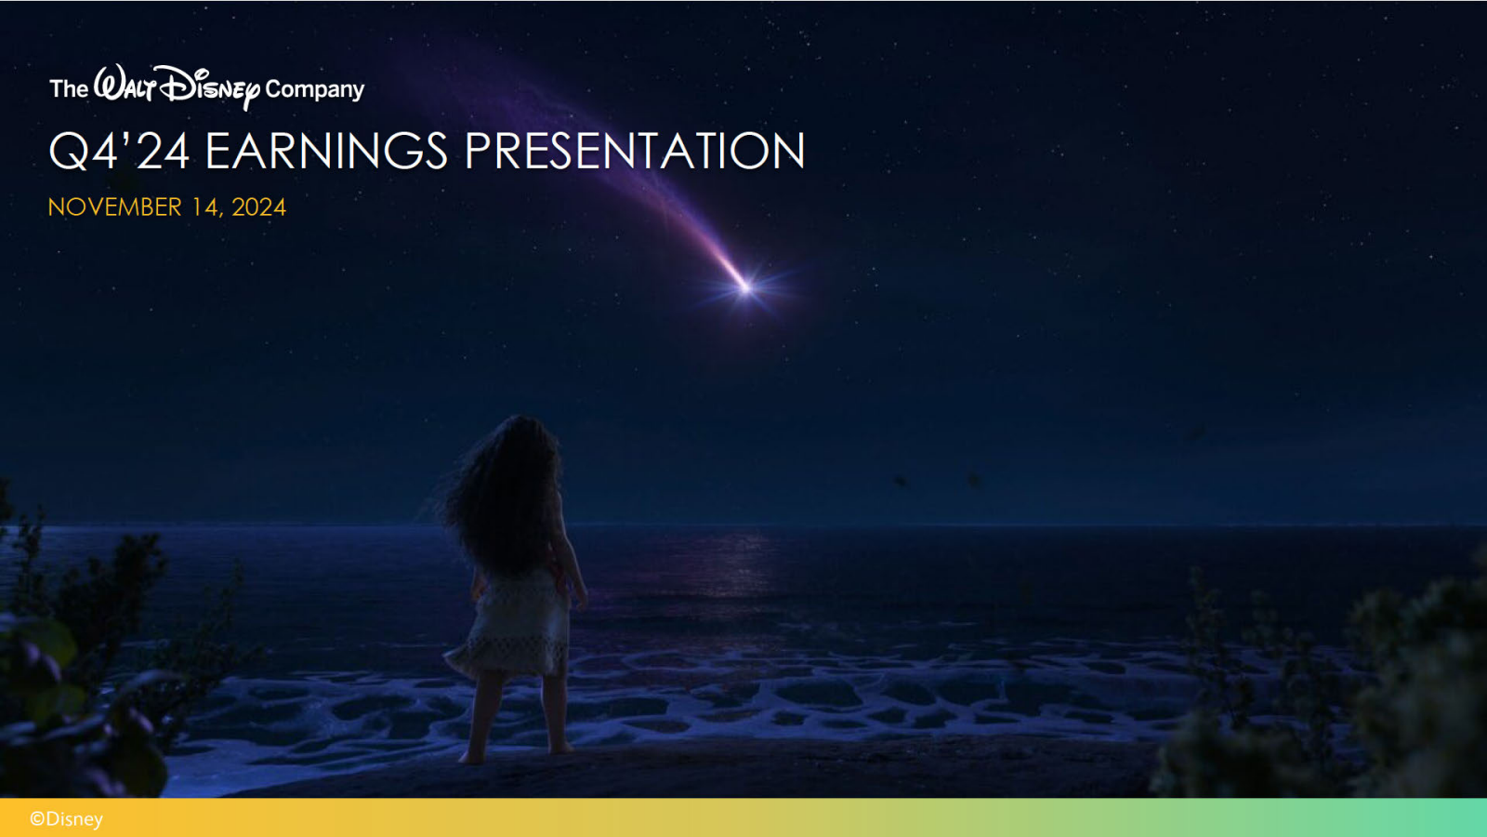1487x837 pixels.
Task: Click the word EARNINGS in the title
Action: click(x=326, y=151)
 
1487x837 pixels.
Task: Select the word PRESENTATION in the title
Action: click(x=635, y=151)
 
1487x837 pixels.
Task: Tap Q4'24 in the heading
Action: click(x=120, y=151)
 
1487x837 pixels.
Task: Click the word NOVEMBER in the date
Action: click(x=115, y=207)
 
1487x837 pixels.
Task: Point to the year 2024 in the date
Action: click(x=259, y=207)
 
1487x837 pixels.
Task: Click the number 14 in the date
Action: click(x=205, y=208)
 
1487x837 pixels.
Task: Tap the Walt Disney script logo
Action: click(x=177, y=87)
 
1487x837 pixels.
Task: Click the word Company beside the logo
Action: click(x=315, y=89)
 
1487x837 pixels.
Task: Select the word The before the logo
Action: click(x=69, y=88)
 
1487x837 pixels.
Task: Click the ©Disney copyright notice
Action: click(x=66, y=819)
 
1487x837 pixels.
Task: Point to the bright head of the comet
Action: click(x=746, y=287)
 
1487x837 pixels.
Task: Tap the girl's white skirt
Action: click(x=511, y=628)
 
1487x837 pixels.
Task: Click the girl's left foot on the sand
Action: click(x=473, y=757)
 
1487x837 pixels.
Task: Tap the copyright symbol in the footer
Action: click(x=37, y=819)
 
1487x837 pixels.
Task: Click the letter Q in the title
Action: click(x=68, y=152)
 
